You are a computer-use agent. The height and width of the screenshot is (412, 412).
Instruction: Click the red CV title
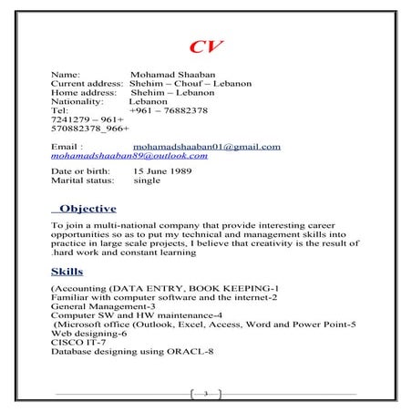pos(206,47)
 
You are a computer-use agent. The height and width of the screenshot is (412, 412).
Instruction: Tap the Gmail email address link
pos(206,146)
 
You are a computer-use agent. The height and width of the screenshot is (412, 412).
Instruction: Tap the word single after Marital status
pos(147,180)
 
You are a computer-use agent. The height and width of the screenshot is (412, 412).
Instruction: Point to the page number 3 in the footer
pos(206,394)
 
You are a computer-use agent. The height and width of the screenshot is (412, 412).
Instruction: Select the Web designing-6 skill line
pos(87,333)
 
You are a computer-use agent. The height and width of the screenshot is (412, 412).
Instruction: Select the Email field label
pos(67,146)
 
